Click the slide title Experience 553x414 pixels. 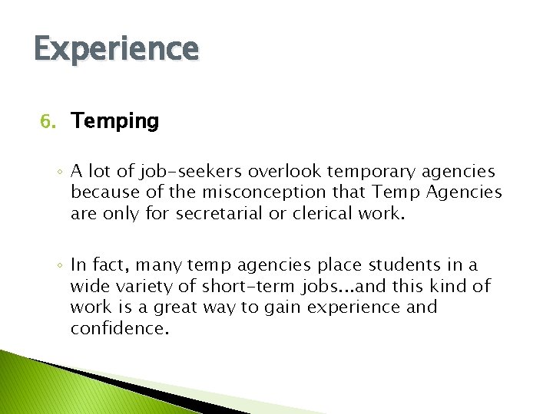pyautogui.click(x=116, y=50)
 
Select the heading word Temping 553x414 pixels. pyautogui.click(x=114, y=121)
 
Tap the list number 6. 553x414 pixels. pyautogui.click(x=48, y=122)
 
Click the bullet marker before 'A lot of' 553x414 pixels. pyautogui.click(x=59, y=172)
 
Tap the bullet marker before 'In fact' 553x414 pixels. pyautogui.click(x=59, y=266)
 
